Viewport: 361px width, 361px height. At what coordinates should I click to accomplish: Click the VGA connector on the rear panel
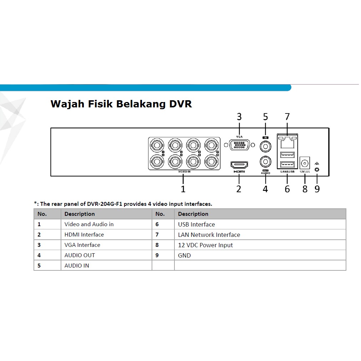coord(239,145)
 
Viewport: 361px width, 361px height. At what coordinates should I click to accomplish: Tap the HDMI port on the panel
coord(239,165)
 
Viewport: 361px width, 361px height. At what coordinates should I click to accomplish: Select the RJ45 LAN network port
coord(287,142)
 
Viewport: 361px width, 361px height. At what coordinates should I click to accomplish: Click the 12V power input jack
coord(305,163)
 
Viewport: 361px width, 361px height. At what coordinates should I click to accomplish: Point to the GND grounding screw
coord(317,170)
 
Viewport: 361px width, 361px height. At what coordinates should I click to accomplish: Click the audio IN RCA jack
coord(265,146)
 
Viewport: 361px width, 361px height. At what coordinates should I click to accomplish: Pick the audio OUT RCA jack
coord(265,162)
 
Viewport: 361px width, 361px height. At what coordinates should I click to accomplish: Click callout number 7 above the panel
coord(287,117)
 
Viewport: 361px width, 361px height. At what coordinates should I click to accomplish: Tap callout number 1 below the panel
coord(183,189)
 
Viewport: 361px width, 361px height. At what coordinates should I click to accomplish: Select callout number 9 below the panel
coord(317,189)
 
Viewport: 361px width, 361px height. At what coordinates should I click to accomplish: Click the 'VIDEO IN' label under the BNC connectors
coord(184,172)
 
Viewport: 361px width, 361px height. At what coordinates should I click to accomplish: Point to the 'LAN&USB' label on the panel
coord(287,172)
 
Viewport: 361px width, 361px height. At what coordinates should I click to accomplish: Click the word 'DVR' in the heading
coord(180,104)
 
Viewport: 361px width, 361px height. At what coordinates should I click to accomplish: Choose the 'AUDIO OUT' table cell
coord(80,255)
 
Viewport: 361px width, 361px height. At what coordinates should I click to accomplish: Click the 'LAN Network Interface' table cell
coord(209,235)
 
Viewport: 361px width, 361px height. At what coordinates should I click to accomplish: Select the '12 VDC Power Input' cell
coord(205,245)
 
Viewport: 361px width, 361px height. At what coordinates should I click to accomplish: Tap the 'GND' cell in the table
coord(184,255)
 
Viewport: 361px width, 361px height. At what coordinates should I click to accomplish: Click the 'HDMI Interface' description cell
coord(84,235)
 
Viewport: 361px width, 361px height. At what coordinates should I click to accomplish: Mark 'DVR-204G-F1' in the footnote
coord(105,204)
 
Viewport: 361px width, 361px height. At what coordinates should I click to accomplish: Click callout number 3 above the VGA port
coord(239,117)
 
